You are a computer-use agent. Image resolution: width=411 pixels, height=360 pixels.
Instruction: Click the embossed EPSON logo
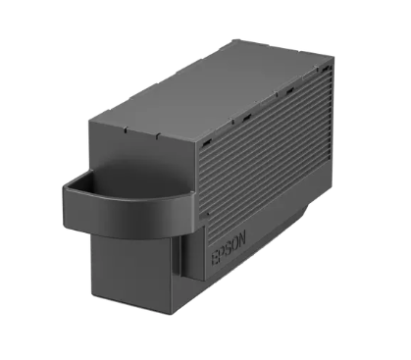coord(229,248)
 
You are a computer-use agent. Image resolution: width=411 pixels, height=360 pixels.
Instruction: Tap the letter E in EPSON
coord(215,258)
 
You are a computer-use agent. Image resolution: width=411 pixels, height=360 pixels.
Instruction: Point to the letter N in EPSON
coord(242,237)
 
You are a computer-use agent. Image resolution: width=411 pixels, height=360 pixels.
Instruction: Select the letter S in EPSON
coord(229,248)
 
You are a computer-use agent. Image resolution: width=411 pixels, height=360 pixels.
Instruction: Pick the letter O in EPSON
coord(235,243)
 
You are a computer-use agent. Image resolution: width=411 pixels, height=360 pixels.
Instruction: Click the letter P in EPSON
coord(222,253)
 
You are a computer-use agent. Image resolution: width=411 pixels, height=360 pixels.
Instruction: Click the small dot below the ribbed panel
coord(208,214)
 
